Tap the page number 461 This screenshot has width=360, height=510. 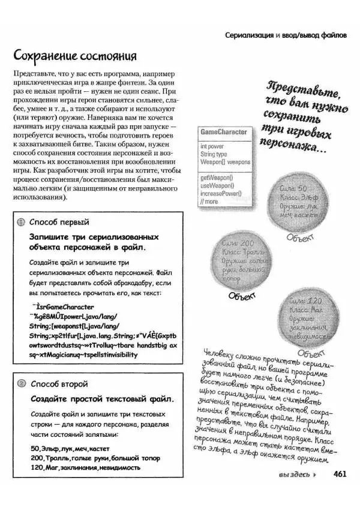[340, 474]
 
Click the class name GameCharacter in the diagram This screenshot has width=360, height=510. [223, 132]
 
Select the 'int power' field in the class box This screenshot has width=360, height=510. [212, 146]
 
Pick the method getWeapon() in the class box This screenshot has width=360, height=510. [217, 178]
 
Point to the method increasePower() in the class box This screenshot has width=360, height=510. [221, 193]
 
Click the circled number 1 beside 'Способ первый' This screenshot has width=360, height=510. [20, 221]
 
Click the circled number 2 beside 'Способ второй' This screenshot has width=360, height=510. [20, 383]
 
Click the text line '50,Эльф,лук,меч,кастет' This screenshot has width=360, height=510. [70, 448]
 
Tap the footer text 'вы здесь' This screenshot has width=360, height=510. [294, 475]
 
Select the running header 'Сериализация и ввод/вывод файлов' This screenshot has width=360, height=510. [286, 35]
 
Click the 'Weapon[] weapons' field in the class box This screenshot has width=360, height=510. [226, 162]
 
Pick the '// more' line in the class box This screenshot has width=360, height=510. [210, 202]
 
